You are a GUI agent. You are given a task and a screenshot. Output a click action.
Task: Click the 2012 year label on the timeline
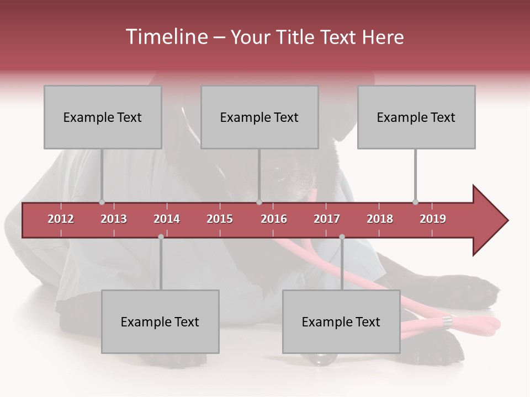click(61, 219)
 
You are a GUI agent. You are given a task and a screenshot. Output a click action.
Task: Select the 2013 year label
click(114, 219)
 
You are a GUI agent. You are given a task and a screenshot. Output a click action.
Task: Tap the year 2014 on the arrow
click(167, 219)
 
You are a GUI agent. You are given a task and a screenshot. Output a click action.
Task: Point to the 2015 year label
click(220, 219)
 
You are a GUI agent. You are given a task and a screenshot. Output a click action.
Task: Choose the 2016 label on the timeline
click(274, 219)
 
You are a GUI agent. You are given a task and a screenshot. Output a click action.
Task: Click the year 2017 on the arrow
click(327, 219)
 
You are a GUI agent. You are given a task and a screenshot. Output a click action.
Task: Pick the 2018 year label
click(380, 219)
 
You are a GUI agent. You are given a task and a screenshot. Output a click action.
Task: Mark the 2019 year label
click(433, 219)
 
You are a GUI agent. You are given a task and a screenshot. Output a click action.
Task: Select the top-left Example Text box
click(103, 117)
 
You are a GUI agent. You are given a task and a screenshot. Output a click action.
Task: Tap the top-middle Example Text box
click(259, 117)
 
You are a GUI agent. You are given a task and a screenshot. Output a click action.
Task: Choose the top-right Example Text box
click(416, 117)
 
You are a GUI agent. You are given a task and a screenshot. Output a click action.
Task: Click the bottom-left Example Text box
click(160, 321)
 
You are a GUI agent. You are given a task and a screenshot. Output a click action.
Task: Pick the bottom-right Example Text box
click(341, 321)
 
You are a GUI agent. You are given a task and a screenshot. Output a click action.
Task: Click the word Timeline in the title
click(166, 37)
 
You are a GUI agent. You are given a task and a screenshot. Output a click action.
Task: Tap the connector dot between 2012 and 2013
click(102, 202)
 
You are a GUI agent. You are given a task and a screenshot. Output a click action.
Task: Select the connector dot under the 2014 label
click(161, 237)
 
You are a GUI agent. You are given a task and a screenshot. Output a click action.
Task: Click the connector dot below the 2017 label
click(342, 237)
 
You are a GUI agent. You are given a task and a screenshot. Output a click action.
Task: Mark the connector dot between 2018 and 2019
click(415, 202)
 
